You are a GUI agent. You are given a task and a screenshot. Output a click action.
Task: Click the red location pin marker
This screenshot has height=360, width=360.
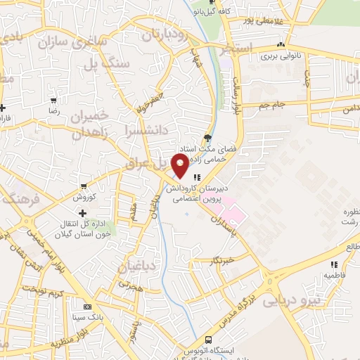(181, 166)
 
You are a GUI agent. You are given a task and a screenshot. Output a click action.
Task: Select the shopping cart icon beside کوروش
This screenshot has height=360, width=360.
(84, 187)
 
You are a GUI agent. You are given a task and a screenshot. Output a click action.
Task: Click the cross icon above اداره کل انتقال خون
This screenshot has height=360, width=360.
(83, 213)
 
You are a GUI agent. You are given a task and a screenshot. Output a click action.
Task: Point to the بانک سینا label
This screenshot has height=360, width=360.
(88, 318)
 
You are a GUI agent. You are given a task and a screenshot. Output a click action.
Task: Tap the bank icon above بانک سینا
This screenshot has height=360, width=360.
(87, 307)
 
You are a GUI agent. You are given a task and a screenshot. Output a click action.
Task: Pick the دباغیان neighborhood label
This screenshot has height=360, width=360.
(139, 267)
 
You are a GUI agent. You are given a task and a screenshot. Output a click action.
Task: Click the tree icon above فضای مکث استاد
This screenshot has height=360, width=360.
(206, 138)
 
